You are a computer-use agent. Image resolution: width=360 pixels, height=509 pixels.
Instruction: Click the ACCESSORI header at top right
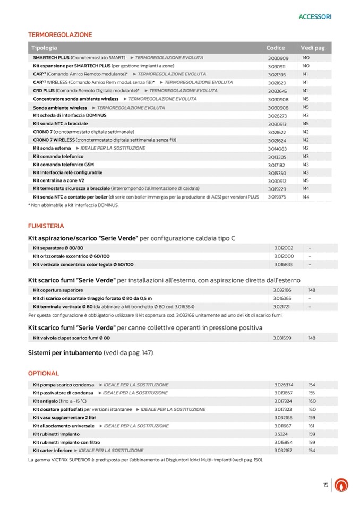pyautogui.click(x=315, y=16)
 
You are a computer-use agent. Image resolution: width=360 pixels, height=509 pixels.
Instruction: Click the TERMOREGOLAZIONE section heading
pyautogui.click(x=59, y=34)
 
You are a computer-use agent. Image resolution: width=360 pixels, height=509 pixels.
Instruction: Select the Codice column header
pyautogui.click(x=276, y=48)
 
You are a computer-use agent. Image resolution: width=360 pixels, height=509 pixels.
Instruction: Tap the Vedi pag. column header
pyautogui.click(x=313, y=48)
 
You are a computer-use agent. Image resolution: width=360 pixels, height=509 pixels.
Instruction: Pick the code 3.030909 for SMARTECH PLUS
pyautogui.click(x=278, y=58)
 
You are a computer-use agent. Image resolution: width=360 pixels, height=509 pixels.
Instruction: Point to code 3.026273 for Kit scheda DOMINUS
pyautogui.click(x=278, y=115)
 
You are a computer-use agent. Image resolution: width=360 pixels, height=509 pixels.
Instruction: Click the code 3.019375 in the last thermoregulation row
pyautogui.click(x=278, y=197)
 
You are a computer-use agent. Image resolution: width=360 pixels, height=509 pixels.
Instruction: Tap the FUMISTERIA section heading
pyautogui.click(x=46, y=226)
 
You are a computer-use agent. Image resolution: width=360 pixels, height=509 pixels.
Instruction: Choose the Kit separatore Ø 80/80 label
pyautogui.click(x=58, y=248)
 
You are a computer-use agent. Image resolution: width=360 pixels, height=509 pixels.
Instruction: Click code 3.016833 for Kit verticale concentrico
pyautogui.click(x=284, y=264)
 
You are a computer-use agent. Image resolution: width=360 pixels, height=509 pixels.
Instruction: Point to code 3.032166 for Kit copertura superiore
pyautogui.click(x=284, y=290)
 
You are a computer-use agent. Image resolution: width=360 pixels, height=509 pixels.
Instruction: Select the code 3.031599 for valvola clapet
pyautogui.click(x=284, y=338)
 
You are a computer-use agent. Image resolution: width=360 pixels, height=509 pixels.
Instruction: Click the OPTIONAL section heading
pyautogui.click(x=43, y=373)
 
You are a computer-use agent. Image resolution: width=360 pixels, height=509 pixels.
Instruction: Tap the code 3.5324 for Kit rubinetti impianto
pyautogui.click(x=281, y=434)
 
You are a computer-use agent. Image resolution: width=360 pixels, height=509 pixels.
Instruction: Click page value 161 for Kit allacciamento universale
pyautogui.click(x=312, y=426)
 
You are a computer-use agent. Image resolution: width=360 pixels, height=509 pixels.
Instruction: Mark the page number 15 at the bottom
pyautogui.click(x=325, y=485)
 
